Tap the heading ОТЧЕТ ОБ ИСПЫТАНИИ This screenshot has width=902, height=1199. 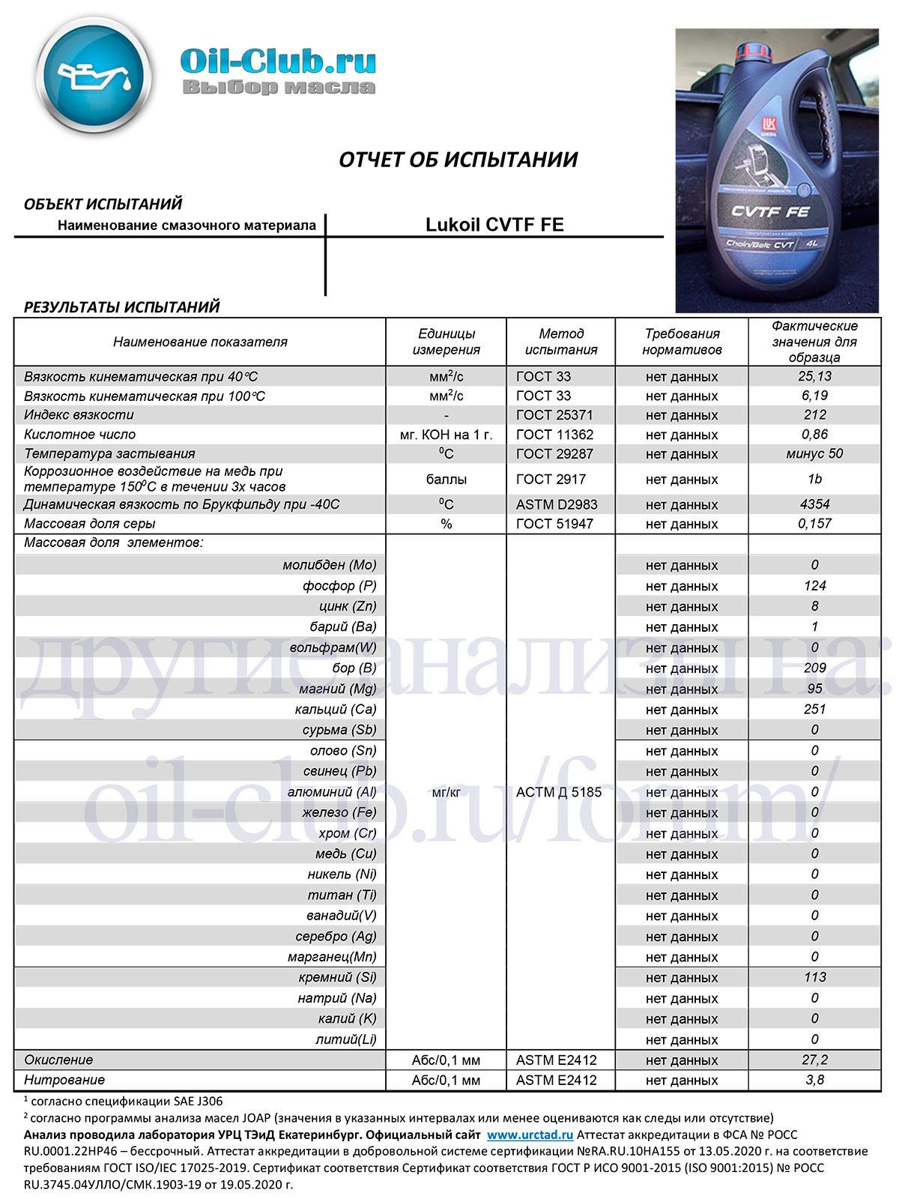[x=458, y=160]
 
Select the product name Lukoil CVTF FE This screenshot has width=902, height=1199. [x=494, y=225]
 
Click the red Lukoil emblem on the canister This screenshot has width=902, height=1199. [x=769, y=125]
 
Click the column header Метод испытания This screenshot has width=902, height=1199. [x=560, y=342]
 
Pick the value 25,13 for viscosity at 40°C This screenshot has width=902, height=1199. [x=814, y=376]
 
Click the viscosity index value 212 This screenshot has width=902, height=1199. [x=814, y=414]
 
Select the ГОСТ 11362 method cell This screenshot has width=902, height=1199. [x=555, y=435]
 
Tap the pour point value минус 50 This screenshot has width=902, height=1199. [x=814, y=453]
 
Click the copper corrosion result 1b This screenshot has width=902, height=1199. [x=814, y=479]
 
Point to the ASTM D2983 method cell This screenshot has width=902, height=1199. [x=557, y=504]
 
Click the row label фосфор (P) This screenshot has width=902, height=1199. [x=339, y=586]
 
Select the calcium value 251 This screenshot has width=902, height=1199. [x=814, y=709]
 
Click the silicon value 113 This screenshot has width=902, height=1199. [x=814, y=977]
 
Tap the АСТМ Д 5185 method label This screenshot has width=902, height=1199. [x=559, y=792]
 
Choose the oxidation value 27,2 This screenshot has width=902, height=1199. [x=814, y=1060]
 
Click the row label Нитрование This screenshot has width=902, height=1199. [x=64, y=1080]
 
